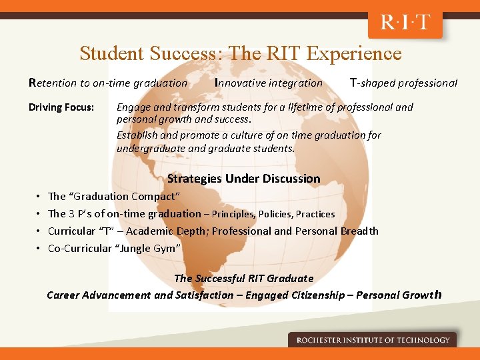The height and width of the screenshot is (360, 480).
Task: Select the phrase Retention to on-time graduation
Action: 108,83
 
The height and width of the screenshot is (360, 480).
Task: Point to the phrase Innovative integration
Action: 269,83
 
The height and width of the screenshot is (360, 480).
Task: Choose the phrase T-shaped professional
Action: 403,83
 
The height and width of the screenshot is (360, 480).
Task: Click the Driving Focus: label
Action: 61,107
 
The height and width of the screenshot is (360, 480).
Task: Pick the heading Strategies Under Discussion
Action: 243,179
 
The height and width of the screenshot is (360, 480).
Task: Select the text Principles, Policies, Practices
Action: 273,214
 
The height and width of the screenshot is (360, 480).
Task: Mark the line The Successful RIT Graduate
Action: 243,278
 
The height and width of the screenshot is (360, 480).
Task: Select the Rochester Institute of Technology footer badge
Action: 373,340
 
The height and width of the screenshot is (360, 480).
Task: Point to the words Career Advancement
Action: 99,295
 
